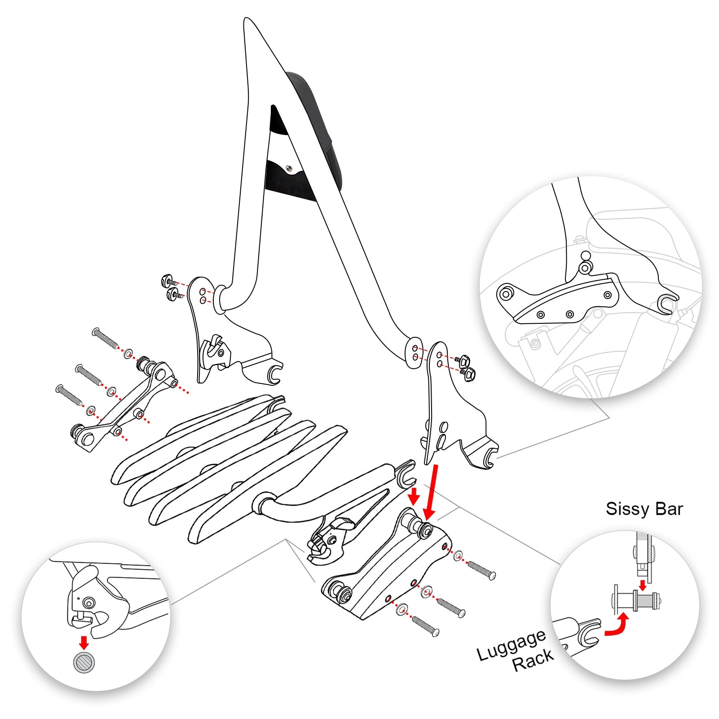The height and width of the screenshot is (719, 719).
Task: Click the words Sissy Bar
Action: click(x=644, y=509)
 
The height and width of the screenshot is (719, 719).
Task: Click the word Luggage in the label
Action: click(x=511, y=645)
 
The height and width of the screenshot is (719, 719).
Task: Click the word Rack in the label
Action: click(x=533, y=661)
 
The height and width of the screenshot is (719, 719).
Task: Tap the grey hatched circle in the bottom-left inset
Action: click(x=84, y=662)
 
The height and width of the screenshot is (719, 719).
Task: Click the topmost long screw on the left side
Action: click(x=105, y=338)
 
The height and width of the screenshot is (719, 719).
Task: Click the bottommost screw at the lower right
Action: click(x=425, y=626)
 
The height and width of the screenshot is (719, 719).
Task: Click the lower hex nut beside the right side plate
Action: click(x=469, y=374)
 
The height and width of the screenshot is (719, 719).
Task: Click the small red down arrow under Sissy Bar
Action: click(x=643, y=585)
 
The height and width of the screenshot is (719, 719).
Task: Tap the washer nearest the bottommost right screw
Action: click(x=401, y=609)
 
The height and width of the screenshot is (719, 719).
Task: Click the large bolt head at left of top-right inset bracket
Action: click(x=506, y=295)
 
